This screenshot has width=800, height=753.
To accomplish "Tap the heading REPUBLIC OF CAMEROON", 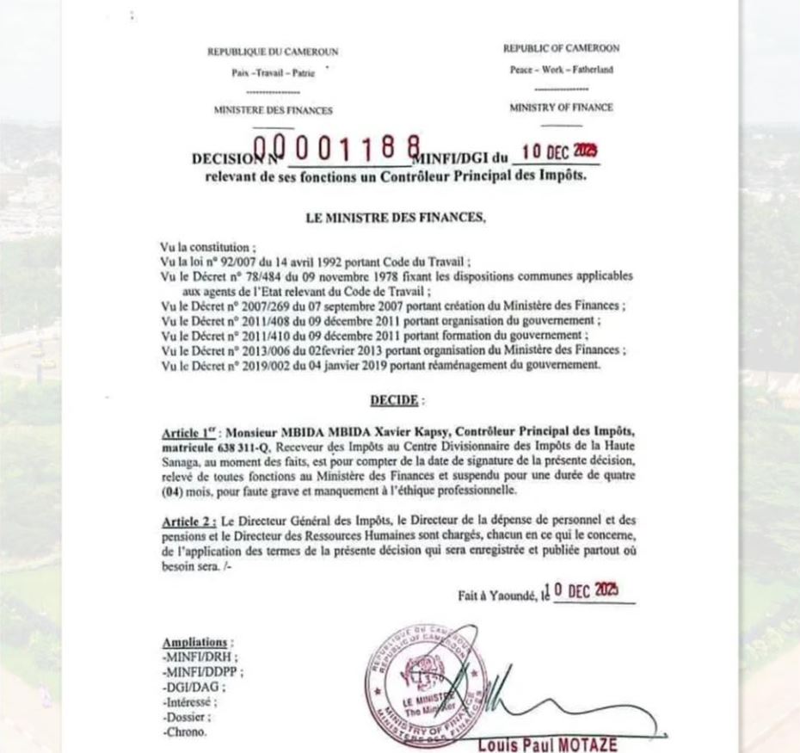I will coord(561,49).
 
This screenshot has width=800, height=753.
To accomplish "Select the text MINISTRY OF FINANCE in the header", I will coord(561,108).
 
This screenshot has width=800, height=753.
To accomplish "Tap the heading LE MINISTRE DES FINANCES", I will coord(396,219).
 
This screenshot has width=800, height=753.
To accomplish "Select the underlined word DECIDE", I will coord(394,400).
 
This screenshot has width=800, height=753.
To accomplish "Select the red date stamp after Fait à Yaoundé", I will coord(585,591).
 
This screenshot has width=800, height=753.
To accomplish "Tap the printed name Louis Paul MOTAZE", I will coord(547,744).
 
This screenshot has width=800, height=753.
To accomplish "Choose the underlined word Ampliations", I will coord(195,642).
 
